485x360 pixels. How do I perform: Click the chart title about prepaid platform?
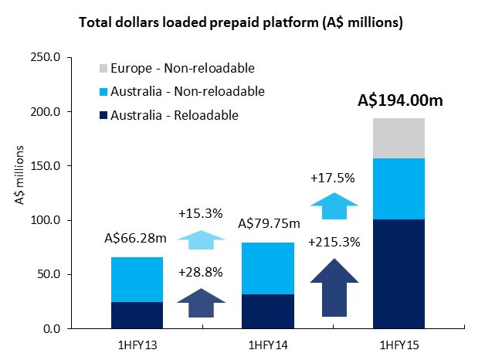click(242, 22)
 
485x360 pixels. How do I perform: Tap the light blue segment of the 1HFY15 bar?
click(399, 189)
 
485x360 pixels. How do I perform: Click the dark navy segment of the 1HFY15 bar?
click(399, 274)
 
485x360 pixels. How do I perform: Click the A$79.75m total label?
click(269, 225)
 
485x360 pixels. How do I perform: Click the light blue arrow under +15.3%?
click(200, 239)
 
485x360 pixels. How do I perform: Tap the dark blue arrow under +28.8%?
click(200, 303)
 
